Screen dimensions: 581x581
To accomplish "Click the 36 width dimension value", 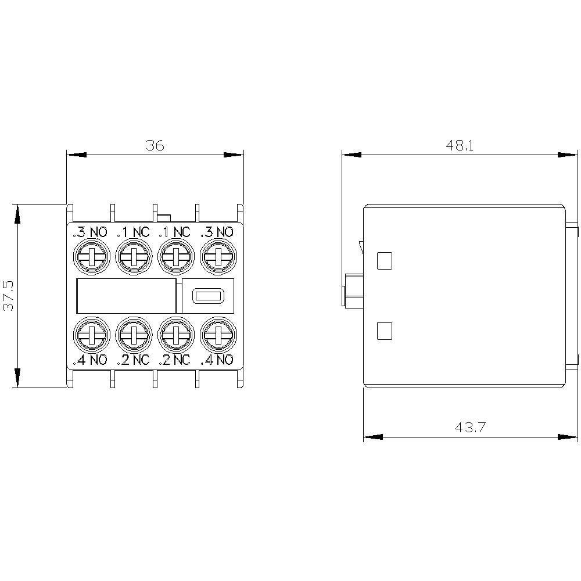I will pos(155,145).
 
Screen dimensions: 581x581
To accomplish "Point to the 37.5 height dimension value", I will pos(9,295).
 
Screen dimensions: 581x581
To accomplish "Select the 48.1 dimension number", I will pos(460,145).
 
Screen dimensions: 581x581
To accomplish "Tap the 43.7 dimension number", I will pos(470,428).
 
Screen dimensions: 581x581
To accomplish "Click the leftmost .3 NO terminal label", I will pos(90,232).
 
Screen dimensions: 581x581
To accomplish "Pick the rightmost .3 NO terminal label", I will pos(217,232).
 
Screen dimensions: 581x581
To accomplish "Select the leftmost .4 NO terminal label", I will pos(90,360).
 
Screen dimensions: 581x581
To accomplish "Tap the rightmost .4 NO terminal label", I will pos(217,360).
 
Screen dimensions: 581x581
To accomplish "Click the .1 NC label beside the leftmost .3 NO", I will pos(133,232).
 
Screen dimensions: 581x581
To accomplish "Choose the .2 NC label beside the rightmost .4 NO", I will pos(175,360).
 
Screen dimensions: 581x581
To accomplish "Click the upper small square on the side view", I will pos(385,261).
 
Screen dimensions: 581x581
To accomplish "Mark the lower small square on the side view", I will pos(385,331).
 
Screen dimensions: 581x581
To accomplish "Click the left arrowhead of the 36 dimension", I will pos(76,155).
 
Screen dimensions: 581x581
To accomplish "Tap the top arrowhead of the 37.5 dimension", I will pos(18,214).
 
